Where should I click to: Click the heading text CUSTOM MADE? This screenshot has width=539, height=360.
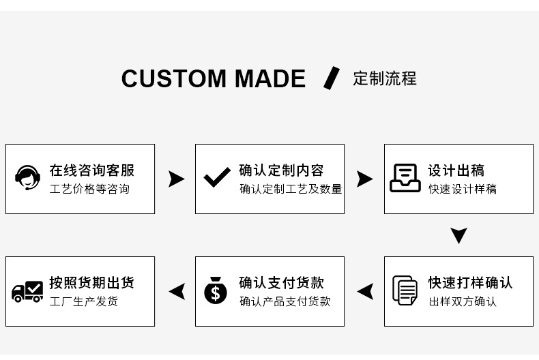(213, 79)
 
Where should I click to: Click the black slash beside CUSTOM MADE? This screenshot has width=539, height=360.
(331, 78)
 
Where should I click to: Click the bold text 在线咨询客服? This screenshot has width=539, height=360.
(91, 170)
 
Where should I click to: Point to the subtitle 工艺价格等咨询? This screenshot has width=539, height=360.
(89, 189)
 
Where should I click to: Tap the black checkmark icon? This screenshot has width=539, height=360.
(217, 179)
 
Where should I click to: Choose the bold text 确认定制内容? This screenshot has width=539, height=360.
(281, 170)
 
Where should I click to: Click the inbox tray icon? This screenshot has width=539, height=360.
(405, 179)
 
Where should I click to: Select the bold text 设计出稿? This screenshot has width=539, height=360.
(456, 170)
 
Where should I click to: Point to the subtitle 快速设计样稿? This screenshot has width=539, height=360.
(462, 189)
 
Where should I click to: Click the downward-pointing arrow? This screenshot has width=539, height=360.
(458, 236)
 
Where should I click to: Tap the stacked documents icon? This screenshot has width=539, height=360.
(405, 290)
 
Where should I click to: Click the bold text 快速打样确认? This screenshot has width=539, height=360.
(470, 282)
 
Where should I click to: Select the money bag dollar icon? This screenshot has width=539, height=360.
(216, 290)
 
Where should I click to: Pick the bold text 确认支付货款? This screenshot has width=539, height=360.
(281, 282)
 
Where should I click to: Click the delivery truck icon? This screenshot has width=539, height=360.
(28, 292)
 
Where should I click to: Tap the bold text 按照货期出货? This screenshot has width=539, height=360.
(91, 282)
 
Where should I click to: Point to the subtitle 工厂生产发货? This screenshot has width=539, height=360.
(83, 301)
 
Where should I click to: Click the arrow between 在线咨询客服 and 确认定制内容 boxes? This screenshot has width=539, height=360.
(176, 179)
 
